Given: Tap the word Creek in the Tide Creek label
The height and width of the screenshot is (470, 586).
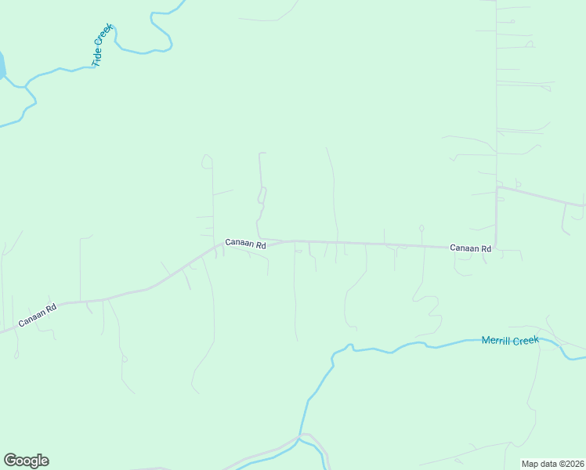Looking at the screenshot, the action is pos(106,36).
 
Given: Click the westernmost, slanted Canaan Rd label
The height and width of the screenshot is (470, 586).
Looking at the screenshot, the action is pos(38,315).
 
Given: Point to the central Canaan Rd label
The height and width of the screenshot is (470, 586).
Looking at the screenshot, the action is pos(245,244).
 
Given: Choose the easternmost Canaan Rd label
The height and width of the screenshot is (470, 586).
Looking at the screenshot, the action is pos(470,248).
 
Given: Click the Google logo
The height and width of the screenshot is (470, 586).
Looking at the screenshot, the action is pos(26,461).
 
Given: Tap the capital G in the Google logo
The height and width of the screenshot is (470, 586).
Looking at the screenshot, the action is pos(10,461).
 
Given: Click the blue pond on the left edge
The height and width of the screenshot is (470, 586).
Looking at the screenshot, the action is pos(2,66).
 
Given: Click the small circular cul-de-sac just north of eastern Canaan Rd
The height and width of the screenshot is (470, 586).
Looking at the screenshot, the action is pos(421,228).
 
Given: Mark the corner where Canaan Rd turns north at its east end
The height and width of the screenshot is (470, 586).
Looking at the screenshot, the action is pos(496,247).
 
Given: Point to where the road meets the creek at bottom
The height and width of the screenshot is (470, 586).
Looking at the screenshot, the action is pos(300,437).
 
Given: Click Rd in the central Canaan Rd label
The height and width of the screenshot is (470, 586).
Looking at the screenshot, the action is pos(260,245).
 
